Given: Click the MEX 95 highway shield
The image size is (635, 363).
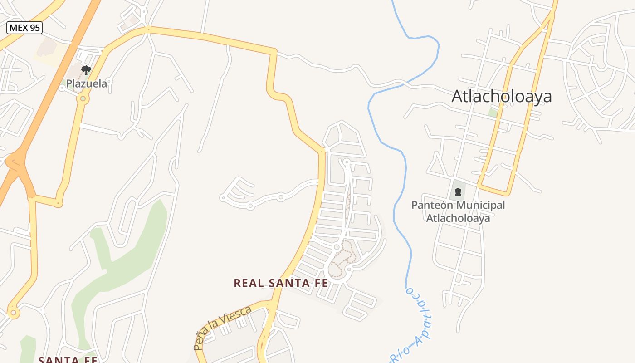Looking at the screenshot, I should coord(24,28).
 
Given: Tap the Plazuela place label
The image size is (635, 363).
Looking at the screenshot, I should coord(87,83).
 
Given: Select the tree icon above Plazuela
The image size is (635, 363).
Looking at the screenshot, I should coord(86,70).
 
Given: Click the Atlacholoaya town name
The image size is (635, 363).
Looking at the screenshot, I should coord(502,96).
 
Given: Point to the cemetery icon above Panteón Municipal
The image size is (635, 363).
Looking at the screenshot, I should coord(458,192).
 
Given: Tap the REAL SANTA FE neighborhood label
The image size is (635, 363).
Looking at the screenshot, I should coord(281,283).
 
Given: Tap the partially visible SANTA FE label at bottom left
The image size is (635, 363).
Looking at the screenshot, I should coord(68,359).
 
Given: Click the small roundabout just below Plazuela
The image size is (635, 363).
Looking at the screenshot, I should coord(83,98).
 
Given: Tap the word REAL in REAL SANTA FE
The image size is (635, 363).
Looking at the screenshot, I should coord(249,283).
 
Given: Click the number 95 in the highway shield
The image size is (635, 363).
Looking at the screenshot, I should coord(34,28).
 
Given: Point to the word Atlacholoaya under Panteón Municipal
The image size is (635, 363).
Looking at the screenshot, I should coord(458,218).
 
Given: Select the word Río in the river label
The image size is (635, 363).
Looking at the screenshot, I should coord(400,352).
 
